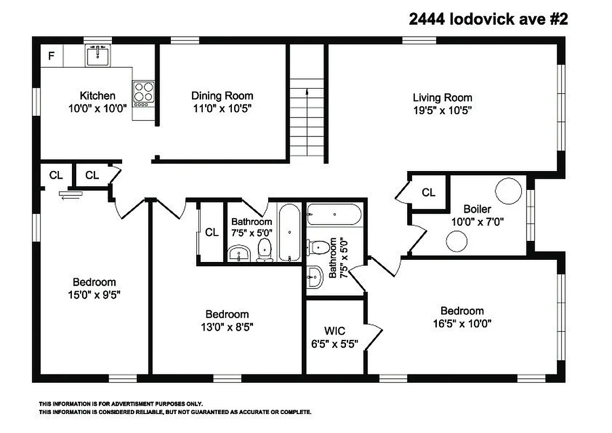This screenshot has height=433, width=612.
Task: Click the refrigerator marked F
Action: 52,56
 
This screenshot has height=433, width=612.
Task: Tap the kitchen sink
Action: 98,56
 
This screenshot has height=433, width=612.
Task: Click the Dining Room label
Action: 222,96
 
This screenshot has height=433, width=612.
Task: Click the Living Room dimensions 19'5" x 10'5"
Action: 442,110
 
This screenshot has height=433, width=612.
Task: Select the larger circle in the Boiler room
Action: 509,191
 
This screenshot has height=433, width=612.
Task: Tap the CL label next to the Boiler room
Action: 428,192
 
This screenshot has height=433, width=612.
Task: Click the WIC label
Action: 335,331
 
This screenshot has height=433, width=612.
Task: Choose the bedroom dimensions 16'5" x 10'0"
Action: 462,324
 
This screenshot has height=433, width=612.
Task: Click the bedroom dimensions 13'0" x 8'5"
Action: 227,327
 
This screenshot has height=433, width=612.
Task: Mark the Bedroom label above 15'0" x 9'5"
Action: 94,282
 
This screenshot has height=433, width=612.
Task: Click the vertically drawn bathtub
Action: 290,232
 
